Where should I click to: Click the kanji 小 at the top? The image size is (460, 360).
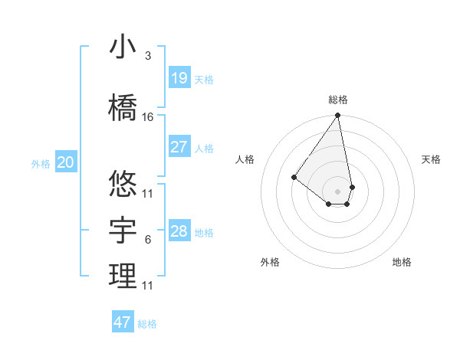click(x=123, y=47)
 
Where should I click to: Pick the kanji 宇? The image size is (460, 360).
click(x=123, y=229)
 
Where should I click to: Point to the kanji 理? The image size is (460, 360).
click(x=123, y=276)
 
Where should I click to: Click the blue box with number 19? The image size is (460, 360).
click(x=179, y=78)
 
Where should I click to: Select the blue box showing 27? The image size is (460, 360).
click(x=179, y=147)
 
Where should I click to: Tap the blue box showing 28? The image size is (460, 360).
click(x=179, y=231)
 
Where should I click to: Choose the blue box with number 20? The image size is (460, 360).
click(x=66, y=162)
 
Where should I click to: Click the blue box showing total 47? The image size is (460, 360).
click(x=123, y=322)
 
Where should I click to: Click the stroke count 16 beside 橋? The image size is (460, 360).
click(x=148, y=116)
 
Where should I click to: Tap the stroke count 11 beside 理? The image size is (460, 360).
click(x=148, y=286)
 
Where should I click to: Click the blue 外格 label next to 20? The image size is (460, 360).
click(x=41, y=163)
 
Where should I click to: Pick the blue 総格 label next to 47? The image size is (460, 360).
click(x=147, y=324)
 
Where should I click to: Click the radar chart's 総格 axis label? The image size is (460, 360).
click(x=338, y=100)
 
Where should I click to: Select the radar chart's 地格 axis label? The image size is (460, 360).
click(x=402, y=262)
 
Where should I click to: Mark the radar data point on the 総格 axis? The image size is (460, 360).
click(x=337, y=116)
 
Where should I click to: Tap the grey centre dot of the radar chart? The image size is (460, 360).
click(x=337, y=191)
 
